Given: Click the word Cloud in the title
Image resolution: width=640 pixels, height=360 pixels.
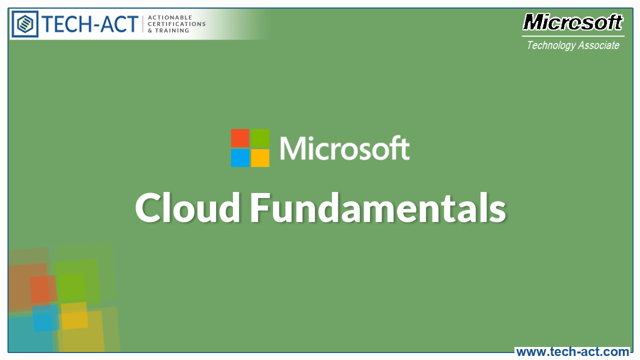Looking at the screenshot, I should click(x=188, y=208).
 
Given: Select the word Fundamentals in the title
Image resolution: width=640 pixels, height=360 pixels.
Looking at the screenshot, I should click(x=378, y=208).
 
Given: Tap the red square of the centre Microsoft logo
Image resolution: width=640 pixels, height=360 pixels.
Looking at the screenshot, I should click(x=239, y=137).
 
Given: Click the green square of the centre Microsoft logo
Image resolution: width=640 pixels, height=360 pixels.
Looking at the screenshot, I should click(x=260, y=137).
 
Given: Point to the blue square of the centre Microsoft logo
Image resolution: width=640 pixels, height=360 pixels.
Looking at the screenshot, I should click(x=239, y=158).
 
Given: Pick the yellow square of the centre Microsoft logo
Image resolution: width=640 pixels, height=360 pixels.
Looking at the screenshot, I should click(x=260, y=158).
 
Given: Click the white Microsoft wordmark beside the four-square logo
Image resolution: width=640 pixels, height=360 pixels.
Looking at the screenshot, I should click(x=344, y=148).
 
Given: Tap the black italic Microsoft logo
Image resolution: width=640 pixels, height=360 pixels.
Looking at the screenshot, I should click(x=573, y=22).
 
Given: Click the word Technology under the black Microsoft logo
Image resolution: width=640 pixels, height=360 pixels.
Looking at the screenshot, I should click(x=551, y=45).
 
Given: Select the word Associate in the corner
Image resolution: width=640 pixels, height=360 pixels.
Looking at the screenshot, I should click(x=598, y=45).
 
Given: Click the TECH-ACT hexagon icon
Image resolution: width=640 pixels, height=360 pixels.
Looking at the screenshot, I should click(x=25, y=23).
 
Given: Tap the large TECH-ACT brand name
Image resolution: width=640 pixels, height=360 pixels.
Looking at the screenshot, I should click(x=90, y=24).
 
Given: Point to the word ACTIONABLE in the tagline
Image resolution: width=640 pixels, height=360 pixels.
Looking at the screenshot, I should click(x=170, y=17).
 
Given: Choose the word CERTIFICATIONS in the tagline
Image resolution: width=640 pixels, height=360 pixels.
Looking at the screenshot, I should click(x=177, y=24).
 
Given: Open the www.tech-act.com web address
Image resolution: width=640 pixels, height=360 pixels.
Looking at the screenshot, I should click(x=572, y=352).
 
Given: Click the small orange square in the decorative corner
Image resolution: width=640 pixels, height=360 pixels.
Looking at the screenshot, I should click(x=42, y=289).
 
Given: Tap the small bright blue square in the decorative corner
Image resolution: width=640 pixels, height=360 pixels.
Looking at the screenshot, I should click(x=45, y=318).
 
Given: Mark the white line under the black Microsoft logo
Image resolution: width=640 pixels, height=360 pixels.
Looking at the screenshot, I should click(x=573, y=36).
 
